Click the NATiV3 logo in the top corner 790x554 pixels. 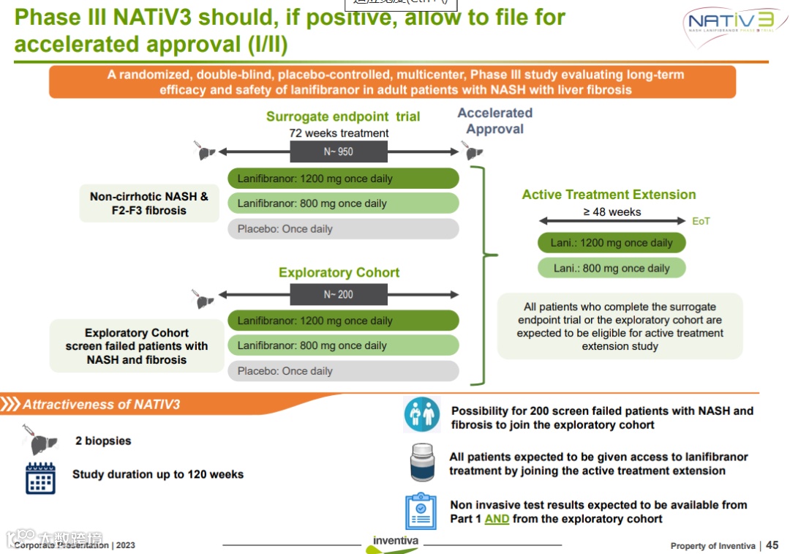(x=729, y=26)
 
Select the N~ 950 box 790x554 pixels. (x=338, y=151)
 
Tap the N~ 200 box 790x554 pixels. (x=338, y=294)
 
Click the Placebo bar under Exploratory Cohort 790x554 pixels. (x=343, y=371)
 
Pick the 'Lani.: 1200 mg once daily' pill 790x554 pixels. (x=612, y=243)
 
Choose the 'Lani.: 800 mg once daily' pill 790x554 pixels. (x=612, y=268)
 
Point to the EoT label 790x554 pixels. (x=701, y=221)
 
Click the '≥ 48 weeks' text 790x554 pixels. (x=612, y=212)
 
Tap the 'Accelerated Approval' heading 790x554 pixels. (x=495, y=121)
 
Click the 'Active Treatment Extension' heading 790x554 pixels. (x=609, y=195)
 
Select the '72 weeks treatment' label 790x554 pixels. (x=339, y=133)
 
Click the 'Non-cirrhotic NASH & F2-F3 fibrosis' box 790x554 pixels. (x=149, y=203)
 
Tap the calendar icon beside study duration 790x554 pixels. (x=40, y=478)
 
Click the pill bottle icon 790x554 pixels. (x=423, y=463)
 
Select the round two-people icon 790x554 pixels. (x=422, y=415)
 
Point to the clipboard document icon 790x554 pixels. (x=421, y=512)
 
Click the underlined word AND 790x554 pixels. (x=497, y=519)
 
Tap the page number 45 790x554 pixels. (x=772, y=545)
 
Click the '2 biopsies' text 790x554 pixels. (x=103, y=441)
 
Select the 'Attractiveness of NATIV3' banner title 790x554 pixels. (x=101, y=404)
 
